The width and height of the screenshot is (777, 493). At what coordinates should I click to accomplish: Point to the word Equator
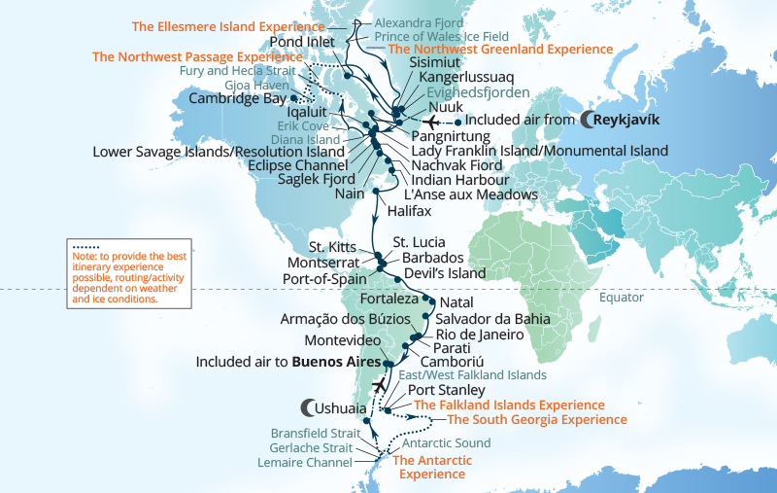622,298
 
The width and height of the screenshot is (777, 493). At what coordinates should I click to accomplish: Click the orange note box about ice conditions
116,273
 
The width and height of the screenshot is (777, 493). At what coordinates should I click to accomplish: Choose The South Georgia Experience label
536,420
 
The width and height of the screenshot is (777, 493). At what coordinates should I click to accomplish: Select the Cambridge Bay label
238,99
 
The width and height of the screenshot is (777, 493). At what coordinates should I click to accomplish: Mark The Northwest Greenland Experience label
500,49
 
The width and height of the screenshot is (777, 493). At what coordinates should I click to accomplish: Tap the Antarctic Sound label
446,443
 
